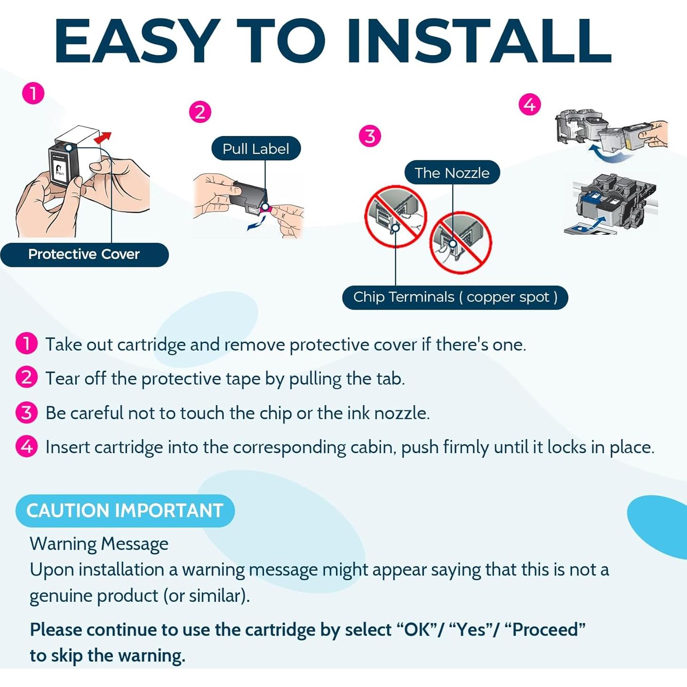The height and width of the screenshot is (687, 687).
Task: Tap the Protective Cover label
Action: [x=84, y=255]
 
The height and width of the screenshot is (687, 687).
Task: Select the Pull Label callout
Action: [x=256, y=149]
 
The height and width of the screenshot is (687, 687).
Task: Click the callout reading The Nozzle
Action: [x=452, y=173]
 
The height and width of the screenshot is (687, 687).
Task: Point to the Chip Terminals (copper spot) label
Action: [x=455, y=297]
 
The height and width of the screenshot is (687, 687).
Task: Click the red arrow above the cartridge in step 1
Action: [x=104, y=137]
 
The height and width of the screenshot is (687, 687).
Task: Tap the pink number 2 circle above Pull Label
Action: [x=200, y=112]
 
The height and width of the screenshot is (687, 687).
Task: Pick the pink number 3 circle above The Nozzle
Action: [x=370, y=136]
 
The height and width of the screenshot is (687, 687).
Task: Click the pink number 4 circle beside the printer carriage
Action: [x=530, y=104]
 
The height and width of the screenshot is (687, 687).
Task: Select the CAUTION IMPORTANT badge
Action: [x=125, y=511]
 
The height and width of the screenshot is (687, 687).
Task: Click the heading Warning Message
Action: [x=99, y=544]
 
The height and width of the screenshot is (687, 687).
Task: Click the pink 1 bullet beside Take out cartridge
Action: [x=26, y=343]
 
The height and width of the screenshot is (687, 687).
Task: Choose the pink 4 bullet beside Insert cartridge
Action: [x=26, y=447]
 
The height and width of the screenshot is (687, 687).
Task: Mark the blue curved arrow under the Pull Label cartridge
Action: [x=257, y=223]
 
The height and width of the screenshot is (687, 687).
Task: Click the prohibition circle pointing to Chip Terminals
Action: [x=395, y=216]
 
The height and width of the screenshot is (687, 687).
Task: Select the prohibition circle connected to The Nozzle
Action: [x=461, y=243]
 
